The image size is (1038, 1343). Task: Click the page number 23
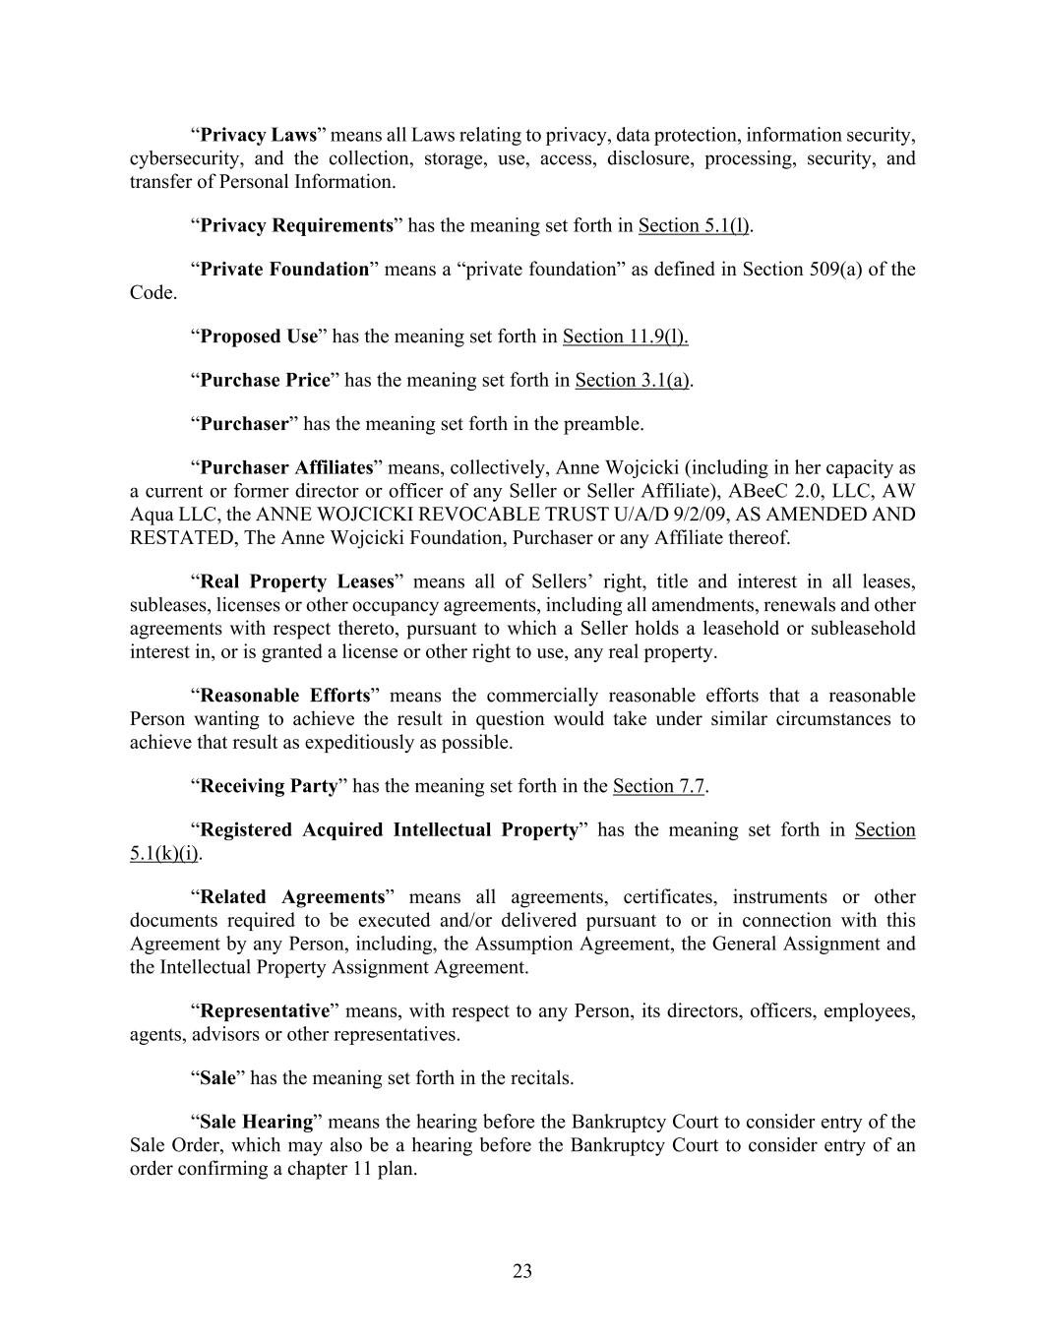[x=521, y=1271]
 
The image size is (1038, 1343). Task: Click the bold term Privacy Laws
[x=258, y=135]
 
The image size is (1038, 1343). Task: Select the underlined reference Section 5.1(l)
[x=693, y=225]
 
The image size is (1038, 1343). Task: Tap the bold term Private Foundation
[x=283, y=269]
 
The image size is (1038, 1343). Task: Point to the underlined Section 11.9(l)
[x=625, y=336]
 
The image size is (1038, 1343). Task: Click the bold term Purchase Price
[x=265, y=380]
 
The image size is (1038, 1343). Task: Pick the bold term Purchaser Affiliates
[x=286, y=467]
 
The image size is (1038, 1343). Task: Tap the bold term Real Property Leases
[x=296, y=581]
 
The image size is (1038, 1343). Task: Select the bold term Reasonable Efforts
[x=284, y=696]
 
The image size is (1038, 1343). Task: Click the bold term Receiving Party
[x=269, y=786]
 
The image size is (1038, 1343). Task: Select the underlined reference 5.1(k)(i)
[x=164, y=853]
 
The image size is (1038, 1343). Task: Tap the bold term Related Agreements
[x=291, y=897]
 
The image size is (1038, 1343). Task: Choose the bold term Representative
[x=264, y=1011]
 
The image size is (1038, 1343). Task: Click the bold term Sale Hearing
[x=256, y=1122]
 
